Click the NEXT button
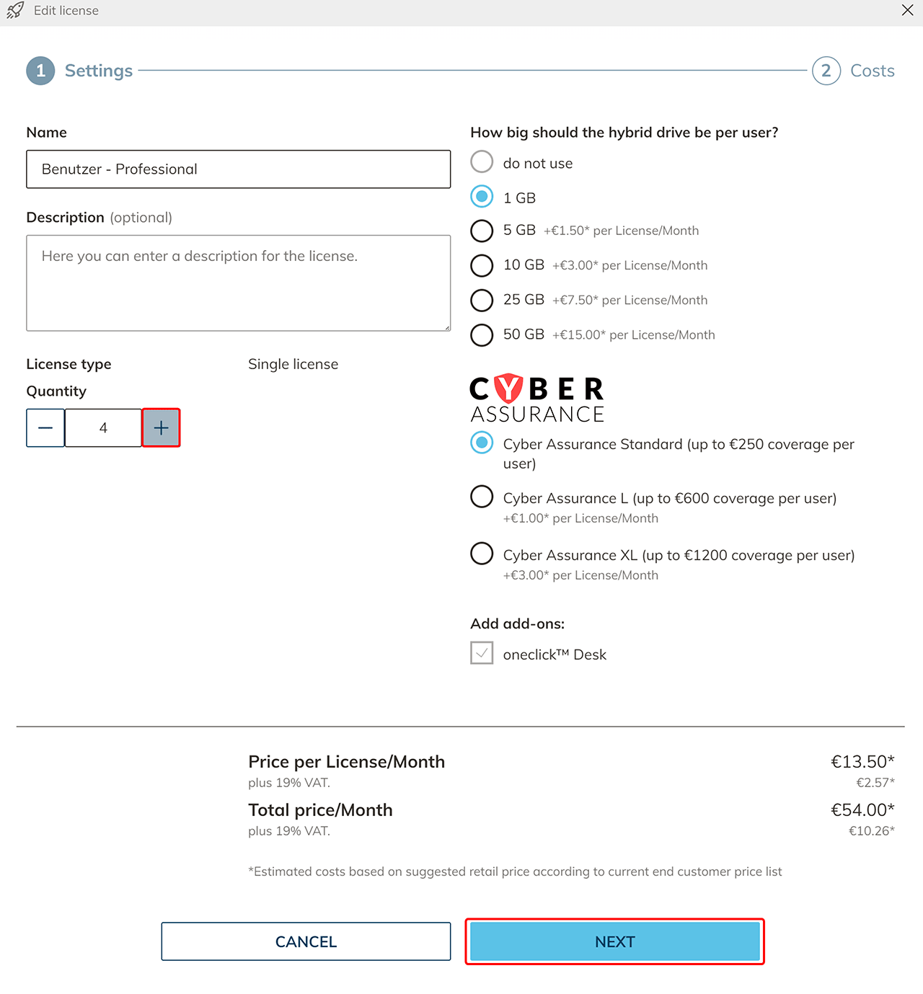pos(614,941)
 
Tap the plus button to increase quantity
pos(161,428)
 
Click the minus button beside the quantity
pos(45,428)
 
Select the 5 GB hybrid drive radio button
pos(482,231)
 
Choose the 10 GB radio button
pos(482,265)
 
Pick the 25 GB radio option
pos(482,300)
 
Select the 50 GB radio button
pos(482,334)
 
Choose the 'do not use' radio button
pos(482,161)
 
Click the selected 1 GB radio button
pos(482,196)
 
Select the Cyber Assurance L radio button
pos(482,497)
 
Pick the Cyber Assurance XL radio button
pos(482,554)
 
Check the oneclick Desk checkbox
pos(482,653)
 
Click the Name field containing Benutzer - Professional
pos(238,169)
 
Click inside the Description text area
pos(238,283)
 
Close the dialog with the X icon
pos(908,10)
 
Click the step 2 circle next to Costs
pos(826,71)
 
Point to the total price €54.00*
pos(862,810)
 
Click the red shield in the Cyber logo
pos(509,389)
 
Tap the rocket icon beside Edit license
pos(15,10)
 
